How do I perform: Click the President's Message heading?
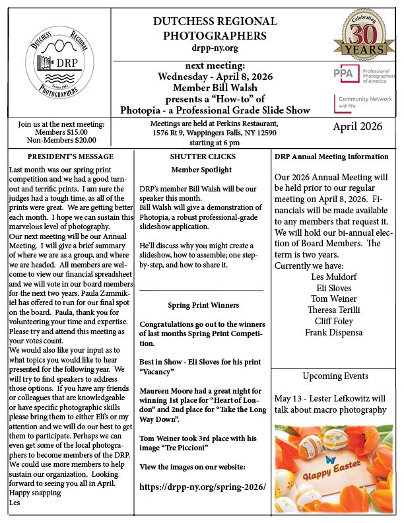(x=71, y=157)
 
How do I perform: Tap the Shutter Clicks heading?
(x=201, y=157)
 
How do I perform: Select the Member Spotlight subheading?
(x=201, y=170)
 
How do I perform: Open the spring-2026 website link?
(x=202, y=487)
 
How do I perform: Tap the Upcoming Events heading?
(x=335, y=376)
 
